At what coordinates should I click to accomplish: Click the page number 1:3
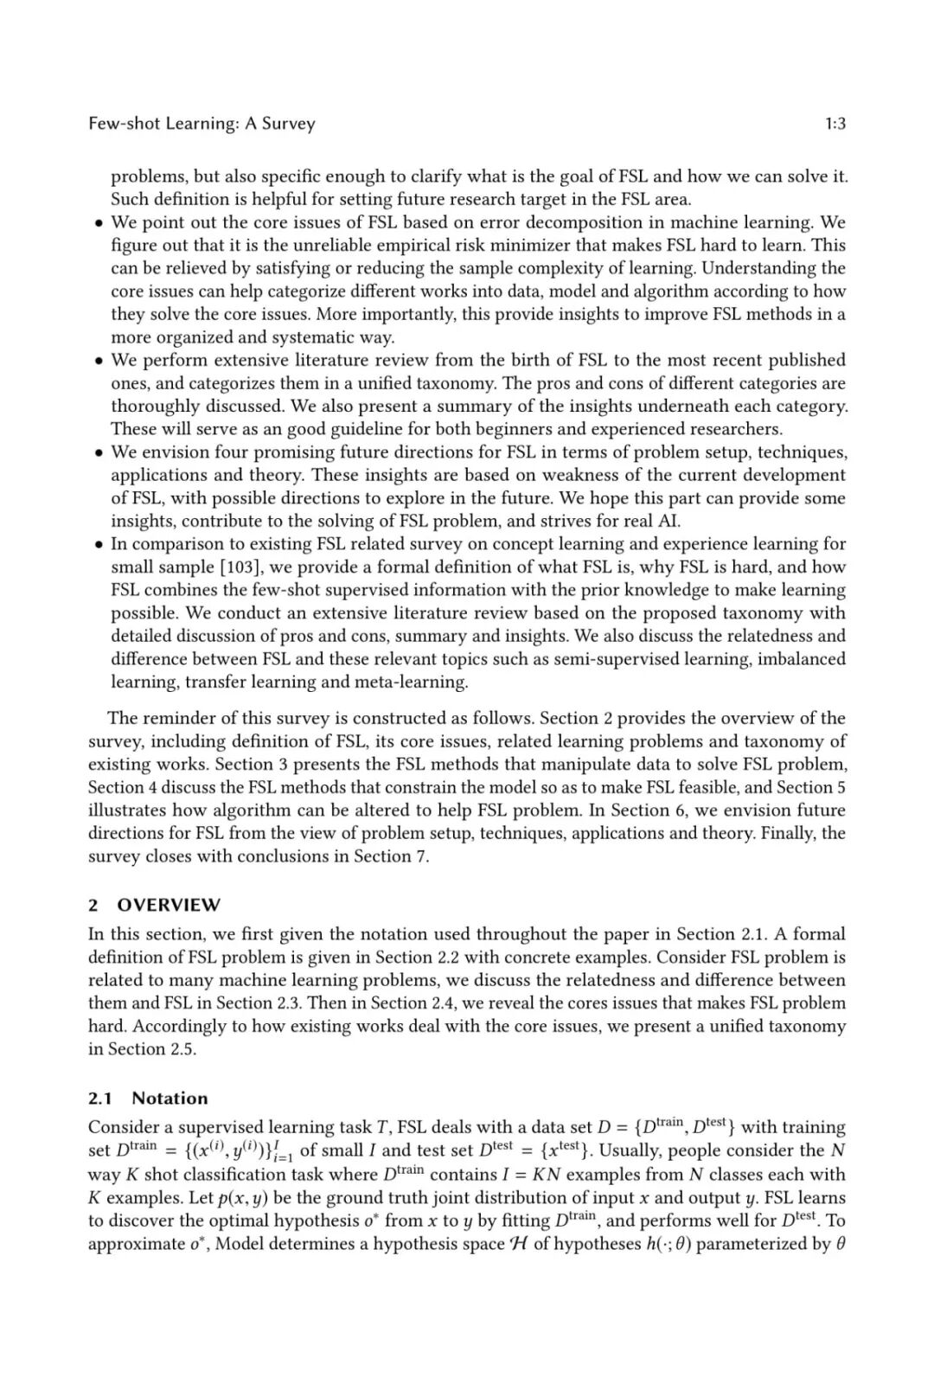pos(835,124)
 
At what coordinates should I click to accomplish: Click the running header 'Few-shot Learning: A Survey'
pos(202,124)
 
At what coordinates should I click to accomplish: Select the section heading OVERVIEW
pos(169,905)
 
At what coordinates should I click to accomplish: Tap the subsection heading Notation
pos(170,1099)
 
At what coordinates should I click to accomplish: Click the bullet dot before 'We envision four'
pos(99,452)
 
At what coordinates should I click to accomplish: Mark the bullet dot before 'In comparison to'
pos(99,545)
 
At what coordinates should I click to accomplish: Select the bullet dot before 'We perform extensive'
pos(99,361)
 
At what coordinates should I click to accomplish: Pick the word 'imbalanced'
pos(802,659)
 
